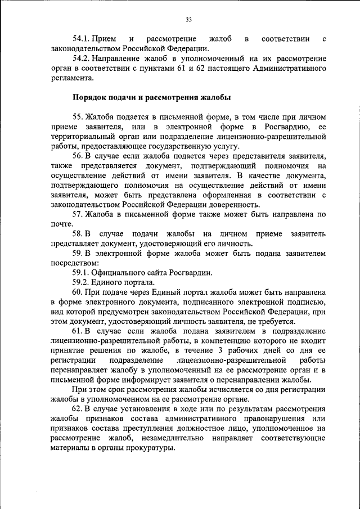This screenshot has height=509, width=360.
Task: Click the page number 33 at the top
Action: coord(188,20)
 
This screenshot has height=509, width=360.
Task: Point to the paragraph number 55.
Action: coord(78,117)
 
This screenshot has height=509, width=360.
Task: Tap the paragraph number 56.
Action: coord(78,156)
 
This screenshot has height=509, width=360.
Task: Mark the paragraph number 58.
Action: coord(78,233)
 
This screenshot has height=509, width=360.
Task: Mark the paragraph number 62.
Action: coord(78,408)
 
